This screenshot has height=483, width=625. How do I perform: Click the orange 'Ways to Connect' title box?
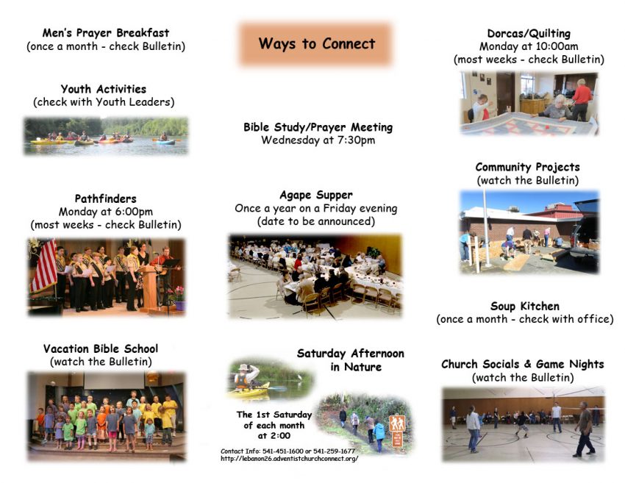[x=315, y=44]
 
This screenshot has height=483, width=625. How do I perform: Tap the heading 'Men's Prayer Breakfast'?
[x=106, y=32]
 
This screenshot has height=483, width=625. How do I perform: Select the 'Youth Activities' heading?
[x=104, y=88]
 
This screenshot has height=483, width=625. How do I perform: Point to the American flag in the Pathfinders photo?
[x=44, y=265]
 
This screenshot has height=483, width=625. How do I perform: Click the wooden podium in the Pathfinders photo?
[x=149, y=287]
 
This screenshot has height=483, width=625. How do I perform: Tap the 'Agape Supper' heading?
[x=316, y=195]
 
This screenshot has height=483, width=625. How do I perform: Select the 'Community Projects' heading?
[x=527, y=167]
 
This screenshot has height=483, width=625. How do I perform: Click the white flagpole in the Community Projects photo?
[x=486, y=228]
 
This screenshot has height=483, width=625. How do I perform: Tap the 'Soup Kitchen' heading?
[x=525, y=306]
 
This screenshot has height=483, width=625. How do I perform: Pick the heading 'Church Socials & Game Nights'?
[x=523, y=364]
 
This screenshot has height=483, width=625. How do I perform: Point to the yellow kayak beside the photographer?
[x=249, y=391]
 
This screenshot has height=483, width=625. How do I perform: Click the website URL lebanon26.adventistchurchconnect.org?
[x=289, y=459]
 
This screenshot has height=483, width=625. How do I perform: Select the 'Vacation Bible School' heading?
[x=101, y=348]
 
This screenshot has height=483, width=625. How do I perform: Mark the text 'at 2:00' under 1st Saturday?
[x=274, y=435]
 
